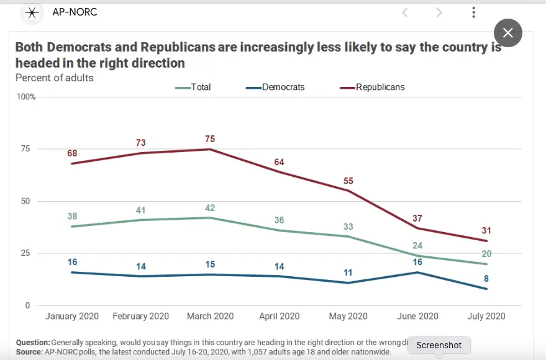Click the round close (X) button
point(507,33)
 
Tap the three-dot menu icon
point(473,12)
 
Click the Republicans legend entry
point(373,88)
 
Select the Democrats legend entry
point(276,88)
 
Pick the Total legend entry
point(194,88)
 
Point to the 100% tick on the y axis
point(25,97)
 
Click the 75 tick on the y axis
point(25,149)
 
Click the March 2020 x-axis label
point(211,316)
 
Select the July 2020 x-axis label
point(486,316)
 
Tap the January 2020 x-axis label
point(72,316)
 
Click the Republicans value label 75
point(211,138)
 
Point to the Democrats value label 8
point(486,279)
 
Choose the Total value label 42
point(211,207)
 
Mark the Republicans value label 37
point(418,218)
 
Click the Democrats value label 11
point(348,272)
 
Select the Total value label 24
point(418,245)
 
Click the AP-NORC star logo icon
point(32,12)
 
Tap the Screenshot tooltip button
point(439,345)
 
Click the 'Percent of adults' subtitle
point(54,78)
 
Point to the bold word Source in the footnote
point(29,351)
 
